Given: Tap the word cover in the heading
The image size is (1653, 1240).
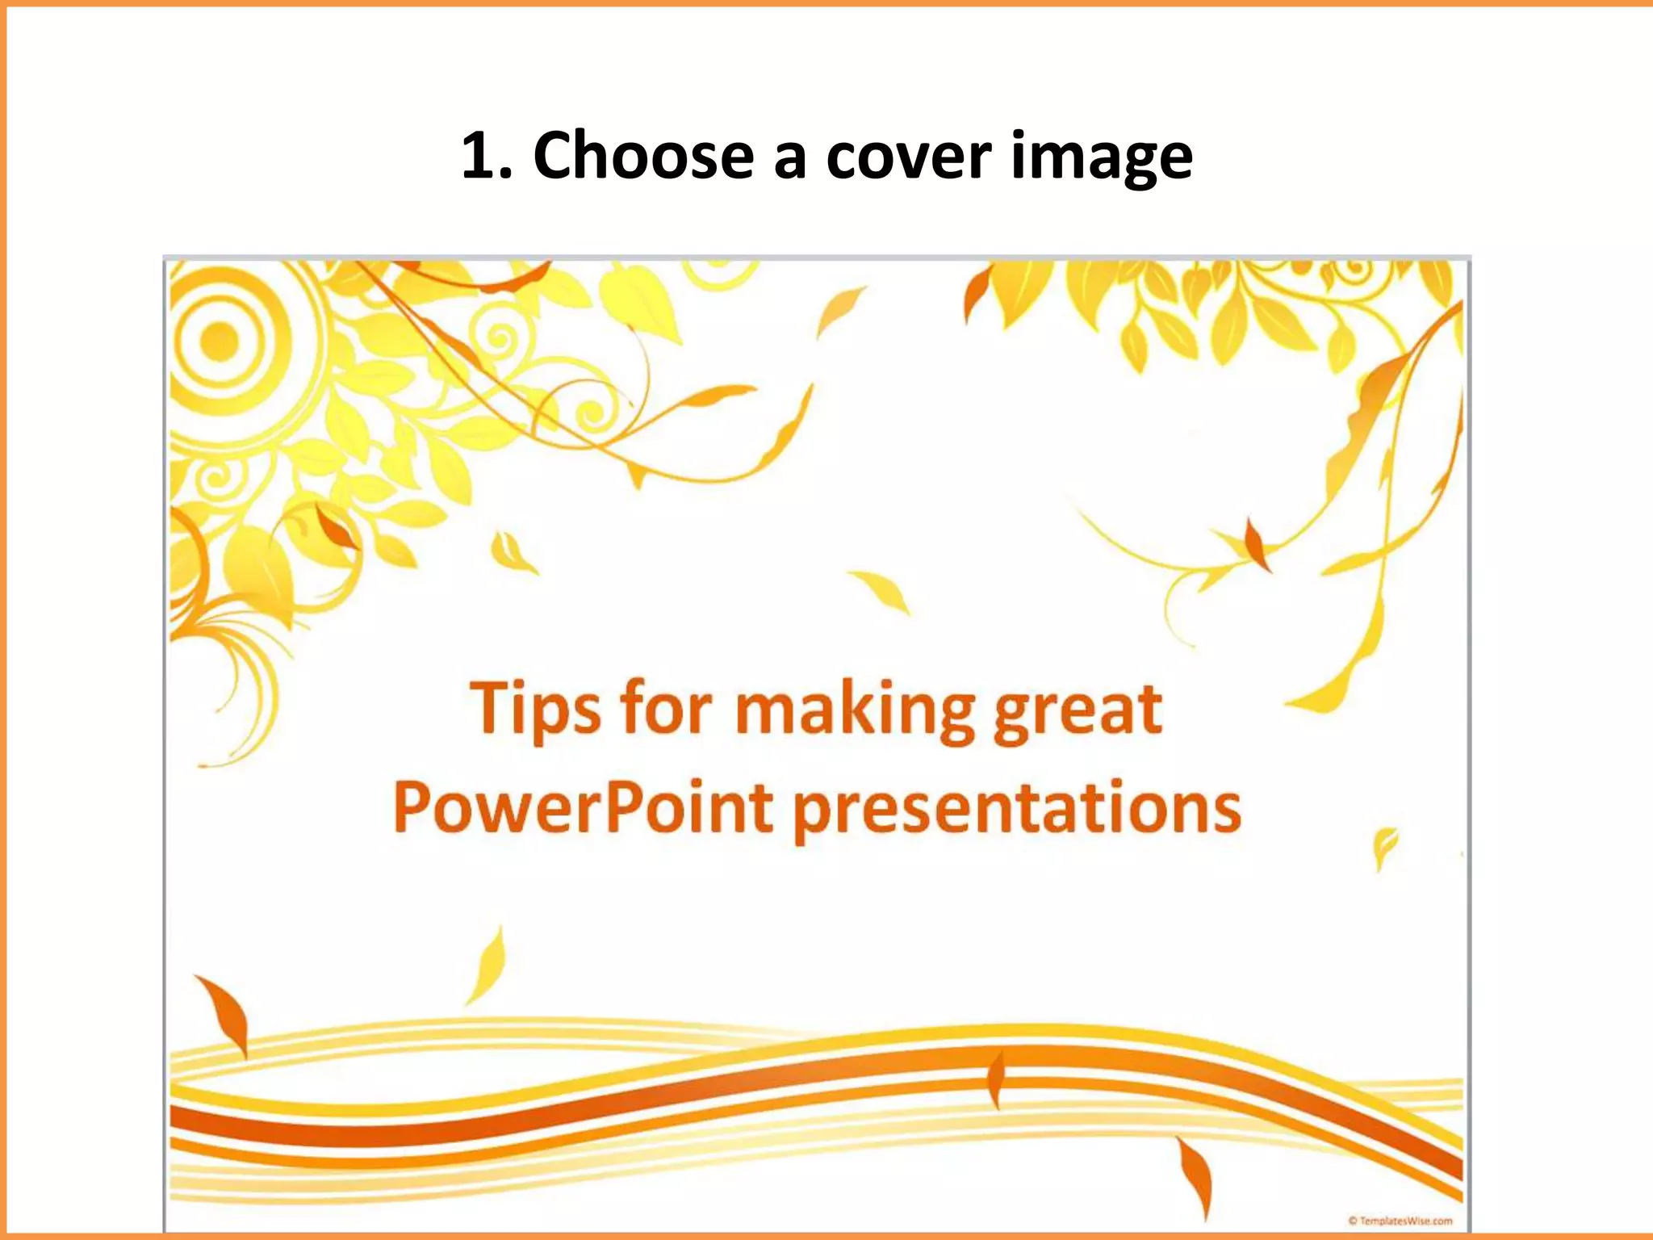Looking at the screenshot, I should (908, 157).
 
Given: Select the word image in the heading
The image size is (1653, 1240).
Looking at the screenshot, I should (1101, 158).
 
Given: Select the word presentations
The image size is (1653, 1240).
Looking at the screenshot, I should (1017, 811).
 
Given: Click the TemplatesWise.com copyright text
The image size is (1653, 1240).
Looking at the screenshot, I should (1400, 1221).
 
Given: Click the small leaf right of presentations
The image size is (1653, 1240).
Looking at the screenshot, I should (1384, 846).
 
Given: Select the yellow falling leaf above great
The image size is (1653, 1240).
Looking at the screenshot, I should (881, 591).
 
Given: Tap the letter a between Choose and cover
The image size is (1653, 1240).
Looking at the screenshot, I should (789, 158).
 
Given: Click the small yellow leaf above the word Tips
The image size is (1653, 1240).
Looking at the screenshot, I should (510, 552).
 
